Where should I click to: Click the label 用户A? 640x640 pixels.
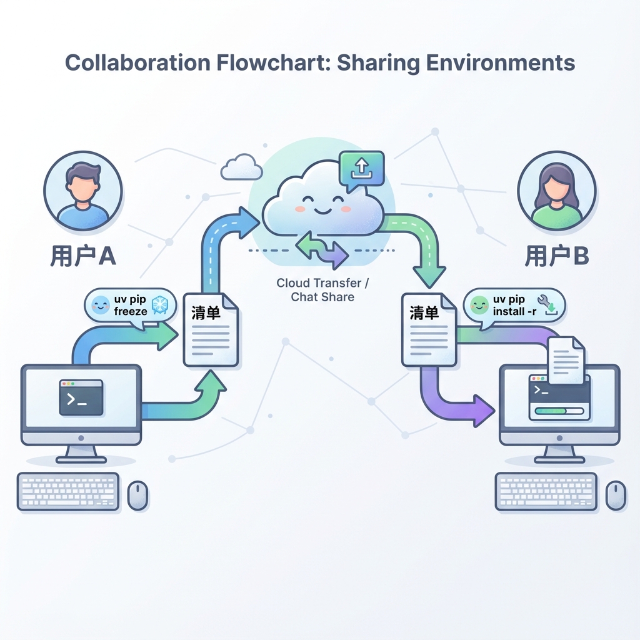82,256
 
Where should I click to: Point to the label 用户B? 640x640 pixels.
557,256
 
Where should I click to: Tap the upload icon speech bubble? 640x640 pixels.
361,167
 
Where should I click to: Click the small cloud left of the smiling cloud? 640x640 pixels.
241,167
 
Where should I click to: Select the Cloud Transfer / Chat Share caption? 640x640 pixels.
322,290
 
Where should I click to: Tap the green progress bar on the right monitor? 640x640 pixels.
557,412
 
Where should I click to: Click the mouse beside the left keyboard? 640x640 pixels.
137,495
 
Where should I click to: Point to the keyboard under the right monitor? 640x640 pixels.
546,491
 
